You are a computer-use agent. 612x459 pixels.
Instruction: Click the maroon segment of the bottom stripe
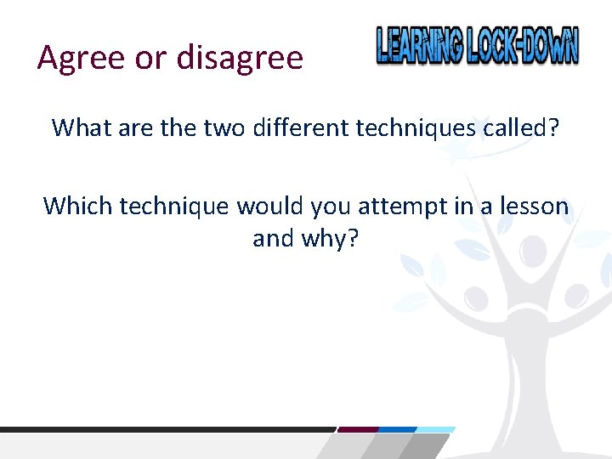tap(357, 429)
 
